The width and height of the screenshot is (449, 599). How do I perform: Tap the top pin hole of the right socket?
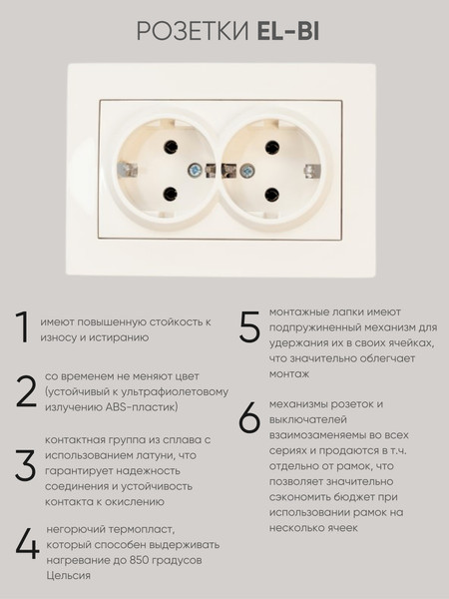click(x=269, y=147)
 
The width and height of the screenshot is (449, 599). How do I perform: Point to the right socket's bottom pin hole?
click(x=269, y=196)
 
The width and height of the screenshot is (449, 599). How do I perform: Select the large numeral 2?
click(x=26, y=392)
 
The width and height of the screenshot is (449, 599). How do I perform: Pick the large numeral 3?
click(x=26, y=464)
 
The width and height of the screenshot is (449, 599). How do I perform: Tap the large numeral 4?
click(x=28, y=543)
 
